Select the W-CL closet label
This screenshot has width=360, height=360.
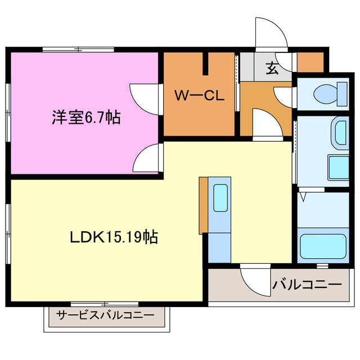(199, 96)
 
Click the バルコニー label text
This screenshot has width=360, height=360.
(307, 285)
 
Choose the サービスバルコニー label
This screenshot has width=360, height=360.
(105, 315)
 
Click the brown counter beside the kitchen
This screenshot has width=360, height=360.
(203, 205)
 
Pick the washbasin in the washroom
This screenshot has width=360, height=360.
(340, 133)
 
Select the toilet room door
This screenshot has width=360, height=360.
(285, 94)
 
